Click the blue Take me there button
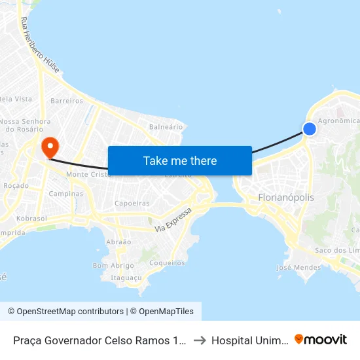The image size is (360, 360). click(x=180, y=160)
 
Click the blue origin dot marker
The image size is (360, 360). click(x=310, y=129)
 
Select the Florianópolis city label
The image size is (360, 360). click(x=286, y=197)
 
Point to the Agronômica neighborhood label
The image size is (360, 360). click(x=338, y=120)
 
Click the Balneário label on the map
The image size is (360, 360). click(x=166, y=126)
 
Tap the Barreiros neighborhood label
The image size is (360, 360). click(x=67, y=101)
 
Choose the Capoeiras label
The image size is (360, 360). click(x=132, y=204)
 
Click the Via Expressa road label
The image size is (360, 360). click(x=174, y=220)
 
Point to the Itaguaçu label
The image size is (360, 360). click(x=126, y=278)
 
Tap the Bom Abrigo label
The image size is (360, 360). click(x=113, y=266)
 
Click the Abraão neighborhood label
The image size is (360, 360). click(x=118, y=242)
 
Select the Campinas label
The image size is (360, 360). click(x=66, y=194)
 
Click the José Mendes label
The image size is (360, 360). click(x=298, y=267)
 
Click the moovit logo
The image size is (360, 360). click(x=321, y=339)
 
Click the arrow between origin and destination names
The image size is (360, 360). click(x=200, y=340)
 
